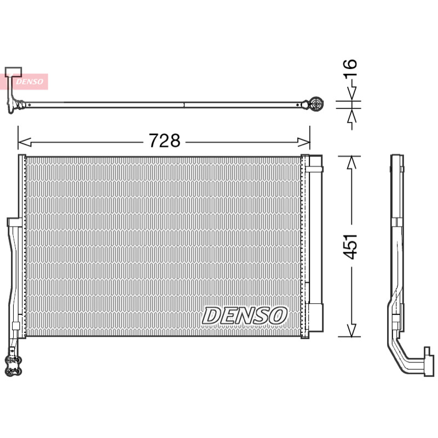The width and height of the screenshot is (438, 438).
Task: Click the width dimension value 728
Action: (x=164, y=141)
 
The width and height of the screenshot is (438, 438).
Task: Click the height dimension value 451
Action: (x=350, y=246)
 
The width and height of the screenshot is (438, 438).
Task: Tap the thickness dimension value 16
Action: (x=350, y=68)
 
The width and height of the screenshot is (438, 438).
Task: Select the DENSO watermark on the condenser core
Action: (x=244, y=316)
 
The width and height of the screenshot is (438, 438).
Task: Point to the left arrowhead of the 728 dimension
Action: (x=24, y=142)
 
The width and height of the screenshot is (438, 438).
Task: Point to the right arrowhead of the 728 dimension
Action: (x=304, y=142)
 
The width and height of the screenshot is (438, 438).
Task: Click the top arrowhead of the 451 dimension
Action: (x=351, y=163)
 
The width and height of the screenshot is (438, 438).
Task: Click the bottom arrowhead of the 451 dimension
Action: (x=351, y=330)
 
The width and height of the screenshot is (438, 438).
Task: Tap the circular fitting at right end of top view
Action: (x=316, y=104)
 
